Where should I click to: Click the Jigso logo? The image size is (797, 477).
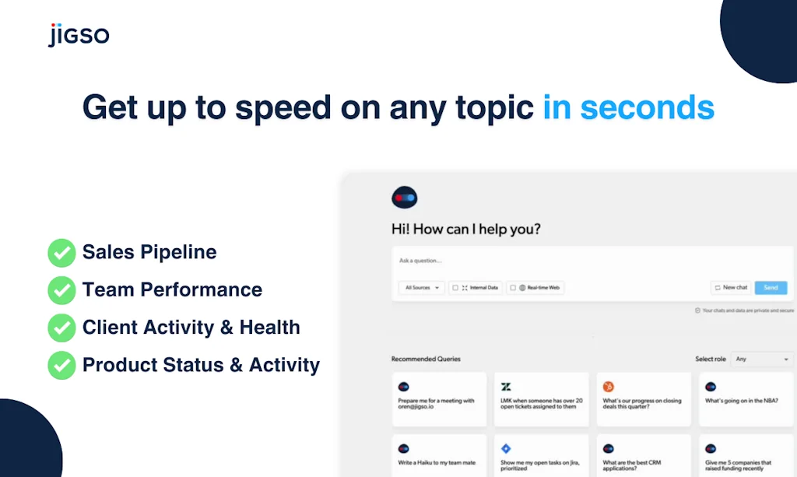coord(79,35)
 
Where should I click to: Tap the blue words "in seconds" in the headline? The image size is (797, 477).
coord(628,107)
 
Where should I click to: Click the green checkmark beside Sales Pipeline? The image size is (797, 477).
coord(61,253)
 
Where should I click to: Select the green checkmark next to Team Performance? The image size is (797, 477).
coord(61,290)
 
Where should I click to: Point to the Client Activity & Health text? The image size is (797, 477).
coord(191,328)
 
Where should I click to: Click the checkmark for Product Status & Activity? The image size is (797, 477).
coord(61,365)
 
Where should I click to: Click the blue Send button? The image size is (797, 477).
coord(771,288)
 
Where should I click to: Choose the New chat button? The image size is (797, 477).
coord(730,288)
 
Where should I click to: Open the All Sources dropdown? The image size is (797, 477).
coord(422,288)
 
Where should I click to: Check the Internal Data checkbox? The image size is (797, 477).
coord(455,288)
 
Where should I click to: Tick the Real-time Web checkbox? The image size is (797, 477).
coord(513,288)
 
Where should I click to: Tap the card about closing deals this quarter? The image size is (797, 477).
coord(644,398)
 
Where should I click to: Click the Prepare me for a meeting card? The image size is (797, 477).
coord(439,398)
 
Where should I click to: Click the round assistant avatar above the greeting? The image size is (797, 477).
coord(405,198)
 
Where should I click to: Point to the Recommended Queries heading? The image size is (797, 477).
coord(426,359)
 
